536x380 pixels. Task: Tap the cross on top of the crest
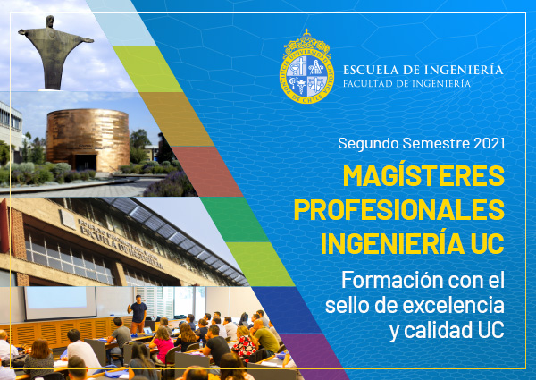coord(306,32)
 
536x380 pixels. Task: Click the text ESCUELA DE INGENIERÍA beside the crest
coord(423,69)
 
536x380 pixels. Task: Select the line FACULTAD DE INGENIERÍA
coord(406,83)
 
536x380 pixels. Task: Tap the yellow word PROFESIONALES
coord(399,209)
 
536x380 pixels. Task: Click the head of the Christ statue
coord(50,21)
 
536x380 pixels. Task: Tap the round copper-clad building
coord(88,139)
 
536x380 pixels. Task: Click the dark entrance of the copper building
coord(85,162)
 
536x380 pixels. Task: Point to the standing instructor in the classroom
coord(138,314)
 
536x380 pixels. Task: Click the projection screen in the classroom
coord(60,303)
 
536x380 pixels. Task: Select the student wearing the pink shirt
coord(162,345)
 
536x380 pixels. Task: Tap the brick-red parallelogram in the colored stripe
coord(207,172)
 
